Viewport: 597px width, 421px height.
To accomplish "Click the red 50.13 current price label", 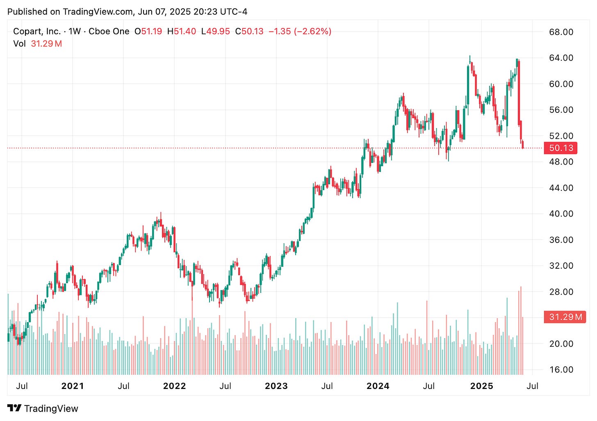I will [560, 148].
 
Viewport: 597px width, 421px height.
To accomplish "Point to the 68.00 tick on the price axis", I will [561, 32].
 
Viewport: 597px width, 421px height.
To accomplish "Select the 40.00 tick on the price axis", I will [561, 214].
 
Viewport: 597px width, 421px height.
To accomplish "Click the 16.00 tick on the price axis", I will [561, 370].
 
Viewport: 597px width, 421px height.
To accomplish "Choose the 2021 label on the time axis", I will [72, 386].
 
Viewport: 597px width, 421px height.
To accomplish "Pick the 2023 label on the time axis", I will [276, 386].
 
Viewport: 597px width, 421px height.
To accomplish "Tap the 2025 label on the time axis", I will [481, 386].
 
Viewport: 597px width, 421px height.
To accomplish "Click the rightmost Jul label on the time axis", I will [532, 386].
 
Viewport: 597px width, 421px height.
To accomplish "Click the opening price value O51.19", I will [148, 31].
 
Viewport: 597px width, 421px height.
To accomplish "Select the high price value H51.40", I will [181, 31].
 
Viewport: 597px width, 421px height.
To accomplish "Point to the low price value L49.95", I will [215, 31].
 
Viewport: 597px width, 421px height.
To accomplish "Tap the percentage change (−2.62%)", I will [312, 31].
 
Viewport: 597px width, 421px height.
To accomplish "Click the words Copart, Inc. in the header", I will [37, 31].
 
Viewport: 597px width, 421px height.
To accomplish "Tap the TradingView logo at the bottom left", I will [43, 409].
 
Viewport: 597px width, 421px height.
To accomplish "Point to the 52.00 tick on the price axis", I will [561, 136].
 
